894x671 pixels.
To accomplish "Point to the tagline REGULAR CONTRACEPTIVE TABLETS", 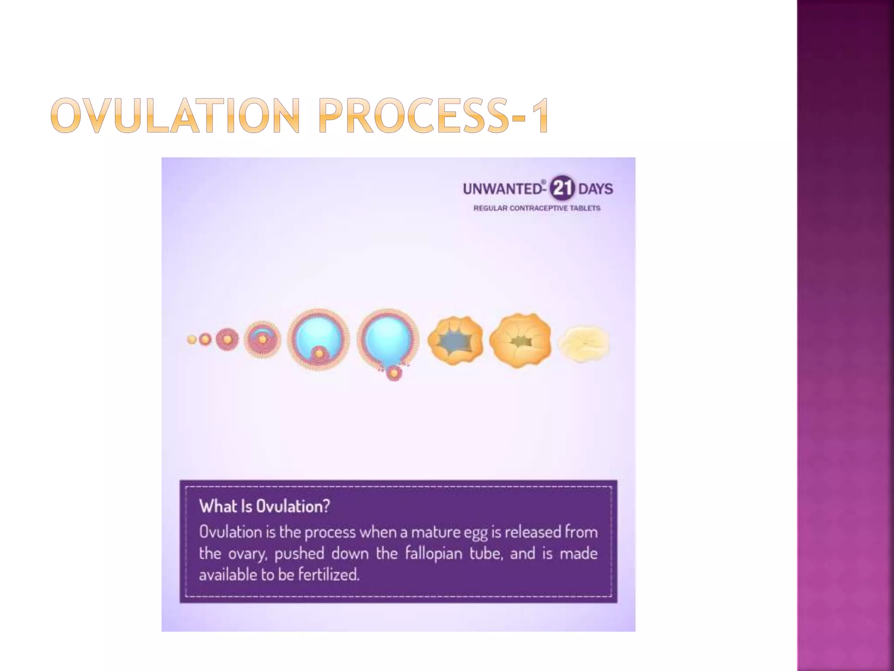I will (x=537, y=208).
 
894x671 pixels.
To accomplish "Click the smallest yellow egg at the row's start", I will (x=192, y=339).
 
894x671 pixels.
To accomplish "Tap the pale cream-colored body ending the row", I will (x=584, y=344).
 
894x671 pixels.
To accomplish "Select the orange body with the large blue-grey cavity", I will (x=455, y=340).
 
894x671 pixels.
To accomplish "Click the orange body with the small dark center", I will (x=519, y=340).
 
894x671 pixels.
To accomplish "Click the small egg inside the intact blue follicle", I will (x=320, y=353).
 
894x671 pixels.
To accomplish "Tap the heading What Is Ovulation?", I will (x=265, y=506).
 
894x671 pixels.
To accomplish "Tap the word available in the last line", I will (x=228, y=574).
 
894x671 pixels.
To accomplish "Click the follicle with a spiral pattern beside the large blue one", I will (x=262, y=339).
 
